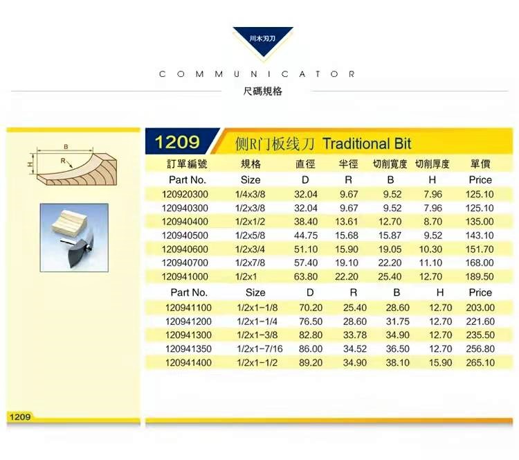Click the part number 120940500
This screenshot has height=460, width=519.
(185, 236)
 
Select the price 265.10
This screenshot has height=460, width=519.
(480, 362)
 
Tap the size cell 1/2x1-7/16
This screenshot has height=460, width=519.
(259, 348)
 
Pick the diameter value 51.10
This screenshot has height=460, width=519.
(305, 249)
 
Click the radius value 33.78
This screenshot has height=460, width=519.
(355, 335)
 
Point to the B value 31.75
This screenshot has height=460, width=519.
(397, 321)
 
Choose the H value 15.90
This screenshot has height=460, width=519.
(440, 362)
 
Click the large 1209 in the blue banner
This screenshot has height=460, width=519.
(177, 142)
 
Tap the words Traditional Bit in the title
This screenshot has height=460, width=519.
(367, 144)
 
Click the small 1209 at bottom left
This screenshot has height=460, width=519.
(20, 416)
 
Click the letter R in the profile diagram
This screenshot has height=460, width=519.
(63, 161)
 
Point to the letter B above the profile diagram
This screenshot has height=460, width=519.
(66, 146)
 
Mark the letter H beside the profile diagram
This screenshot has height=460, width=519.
(30, 164)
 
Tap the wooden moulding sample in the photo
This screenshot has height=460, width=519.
(69, 222)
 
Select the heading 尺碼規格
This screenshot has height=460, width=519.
(262, 91)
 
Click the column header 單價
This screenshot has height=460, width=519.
(480, 163)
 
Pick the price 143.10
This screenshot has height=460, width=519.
(480, 236)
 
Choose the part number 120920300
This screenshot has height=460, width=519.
(185, 194)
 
